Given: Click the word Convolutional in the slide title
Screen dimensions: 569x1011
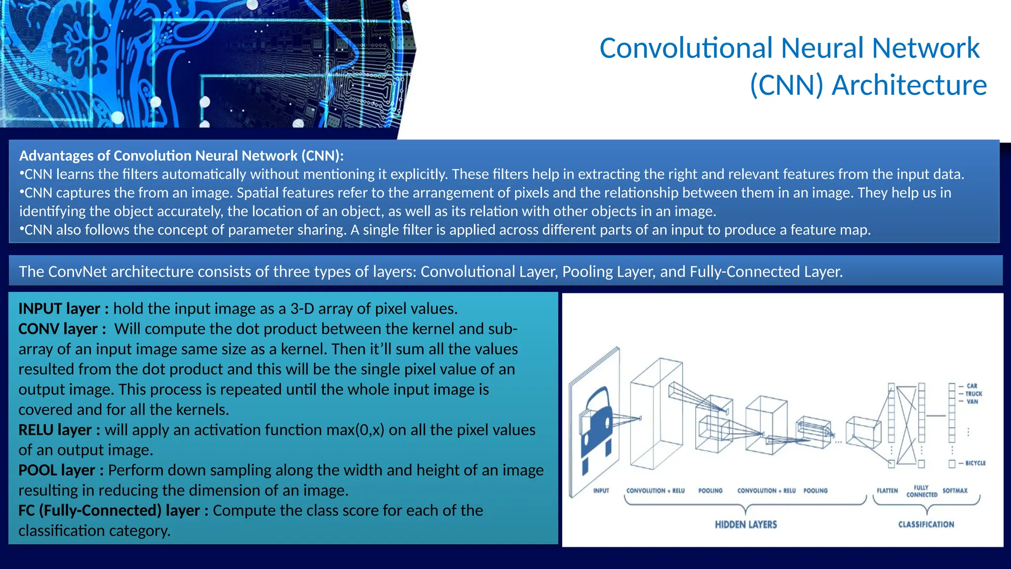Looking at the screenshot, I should coord(686,48).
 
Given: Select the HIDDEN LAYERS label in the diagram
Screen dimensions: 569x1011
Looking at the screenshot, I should coord(745,525).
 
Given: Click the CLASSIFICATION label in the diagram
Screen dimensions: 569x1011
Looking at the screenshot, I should coord(926,525).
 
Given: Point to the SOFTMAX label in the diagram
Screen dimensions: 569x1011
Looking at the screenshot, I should coord(955,490).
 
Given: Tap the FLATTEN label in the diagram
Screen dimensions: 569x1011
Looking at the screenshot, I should coord(887,490).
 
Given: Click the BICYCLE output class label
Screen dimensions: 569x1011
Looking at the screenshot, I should coord(975,463).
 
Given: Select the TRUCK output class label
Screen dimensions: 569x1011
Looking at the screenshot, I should coord(973,394).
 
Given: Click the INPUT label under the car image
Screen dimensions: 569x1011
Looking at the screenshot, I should coord(601,490).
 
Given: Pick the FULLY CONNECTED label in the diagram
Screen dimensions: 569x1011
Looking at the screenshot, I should coord(921,491).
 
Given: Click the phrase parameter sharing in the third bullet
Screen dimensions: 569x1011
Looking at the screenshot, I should coord(286,230).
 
